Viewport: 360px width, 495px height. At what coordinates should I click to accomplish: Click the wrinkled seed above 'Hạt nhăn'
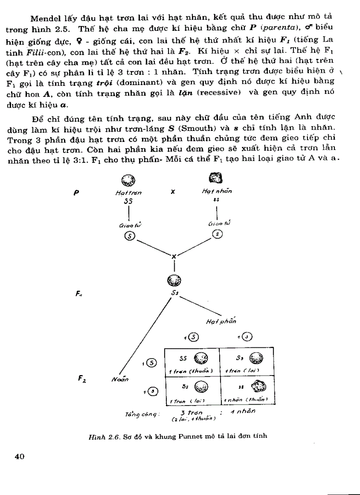coord(215,178)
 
